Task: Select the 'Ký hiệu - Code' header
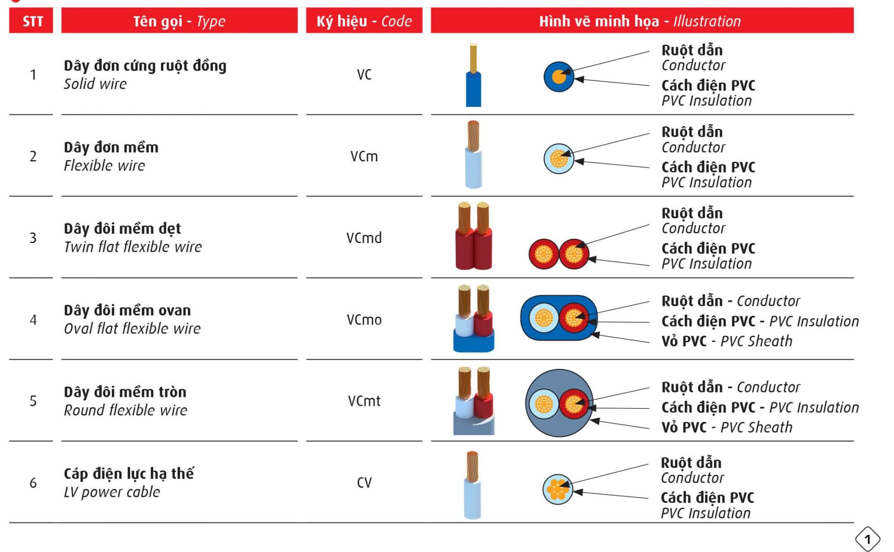point(364,21)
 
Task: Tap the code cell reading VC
point(364,75)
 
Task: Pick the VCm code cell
point(364,156)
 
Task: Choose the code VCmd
point(364,238)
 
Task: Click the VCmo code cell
point(364,320)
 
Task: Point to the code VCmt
point(364,401)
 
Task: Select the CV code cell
point(364,483)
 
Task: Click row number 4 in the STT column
point(33,320)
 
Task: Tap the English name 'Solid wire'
point(95,84)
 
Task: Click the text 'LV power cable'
point(112,492)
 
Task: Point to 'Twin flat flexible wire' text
point(133,247)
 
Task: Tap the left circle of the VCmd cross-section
point(544,254)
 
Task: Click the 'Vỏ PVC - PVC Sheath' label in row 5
point(726,427)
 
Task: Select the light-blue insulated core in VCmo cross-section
point(544,318)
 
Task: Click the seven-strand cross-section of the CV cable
point(557,489)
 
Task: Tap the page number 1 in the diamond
point(868,539)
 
